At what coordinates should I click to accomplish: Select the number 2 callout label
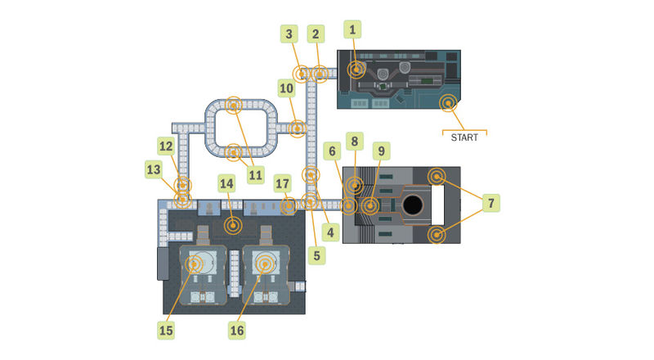tap(314, 34)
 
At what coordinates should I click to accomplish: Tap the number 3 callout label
tap(289, 34)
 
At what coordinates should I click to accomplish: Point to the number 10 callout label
tap(286, 88)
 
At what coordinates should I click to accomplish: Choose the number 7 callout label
tap(491, 201)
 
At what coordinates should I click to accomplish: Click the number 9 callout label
tap(382, 151)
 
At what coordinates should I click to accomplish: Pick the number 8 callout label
tap(354, 142)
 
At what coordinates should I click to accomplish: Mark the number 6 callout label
tap(332, 151)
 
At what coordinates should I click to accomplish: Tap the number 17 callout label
tap(284, 182)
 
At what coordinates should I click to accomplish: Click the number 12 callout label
tap(166, 146)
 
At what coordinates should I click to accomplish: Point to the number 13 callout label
tap(154, 169)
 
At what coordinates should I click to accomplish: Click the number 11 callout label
tap(257, 174)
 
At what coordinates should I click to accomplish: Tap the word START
tap(464, 137)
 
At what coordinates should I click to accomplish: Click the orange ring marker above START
tap(447, 103)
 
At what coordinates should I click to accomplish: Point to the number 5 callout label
tap(316, 255)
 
